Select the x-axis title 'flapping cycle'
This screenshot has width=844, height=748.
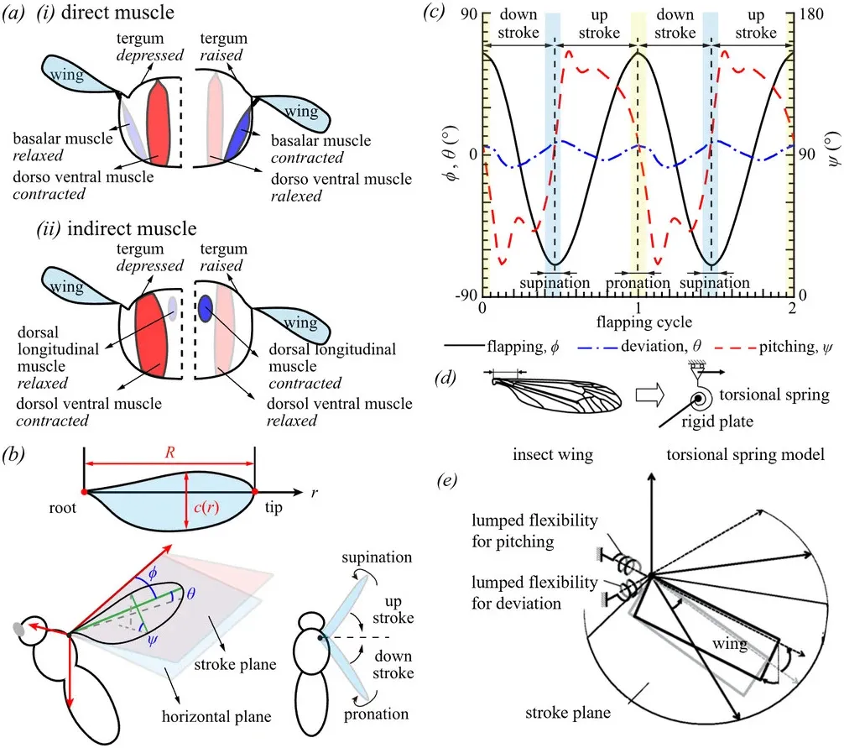point(638,322)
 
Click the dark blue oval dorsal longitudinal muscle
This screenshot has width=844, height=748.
point(204,309)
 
